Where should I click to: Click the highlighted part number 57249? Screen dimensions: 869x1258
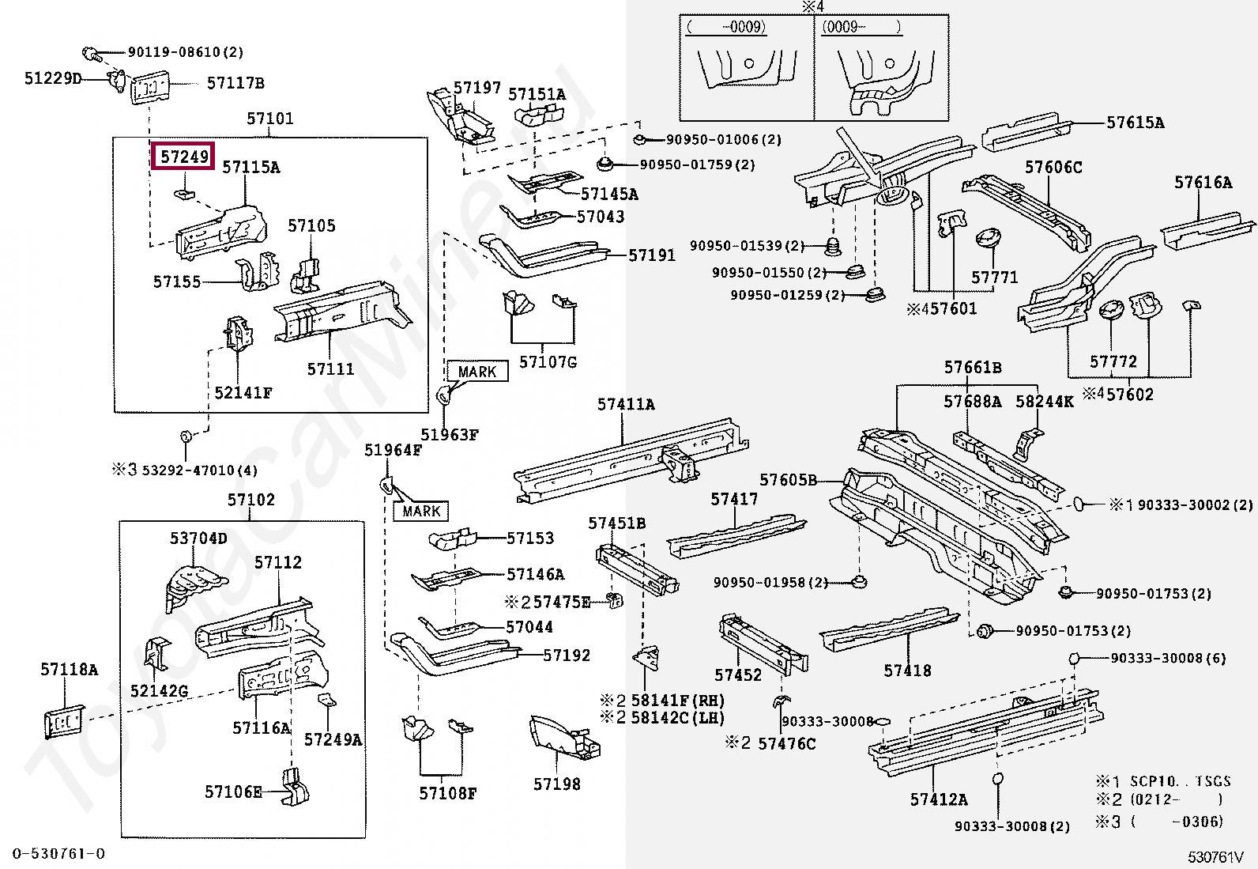185,157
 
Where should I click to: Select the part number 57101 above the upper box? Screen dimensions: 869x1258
269,119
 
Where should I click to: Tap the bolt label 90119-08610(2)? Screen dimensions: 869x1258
186,52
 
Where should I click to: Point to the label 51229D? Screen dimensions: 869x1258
53,78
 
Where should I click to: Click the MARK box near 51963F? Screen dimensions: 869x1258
477,371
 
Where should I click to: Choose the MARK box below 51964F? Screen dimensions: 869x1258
421,511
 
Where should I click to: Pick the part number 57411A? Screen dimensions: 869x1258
626,404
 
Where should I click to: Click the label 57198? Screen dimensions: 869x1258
556,784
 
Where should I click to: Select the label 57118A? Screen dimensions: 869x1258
70,670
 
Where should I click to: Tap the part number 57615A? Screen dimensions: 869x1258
1136,123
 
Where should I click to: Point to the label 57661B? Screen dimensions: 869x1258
973,367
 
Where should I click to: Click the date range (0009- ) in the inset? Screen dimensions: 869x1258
861,27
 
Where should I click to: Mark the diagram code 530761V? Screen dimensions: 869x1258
1215,856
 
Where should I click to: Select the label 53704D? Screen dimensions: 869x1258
198,538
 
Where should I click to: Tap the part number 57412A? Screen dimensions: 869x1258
939,799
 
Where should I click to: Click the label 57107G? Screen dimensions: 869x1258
548,362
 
